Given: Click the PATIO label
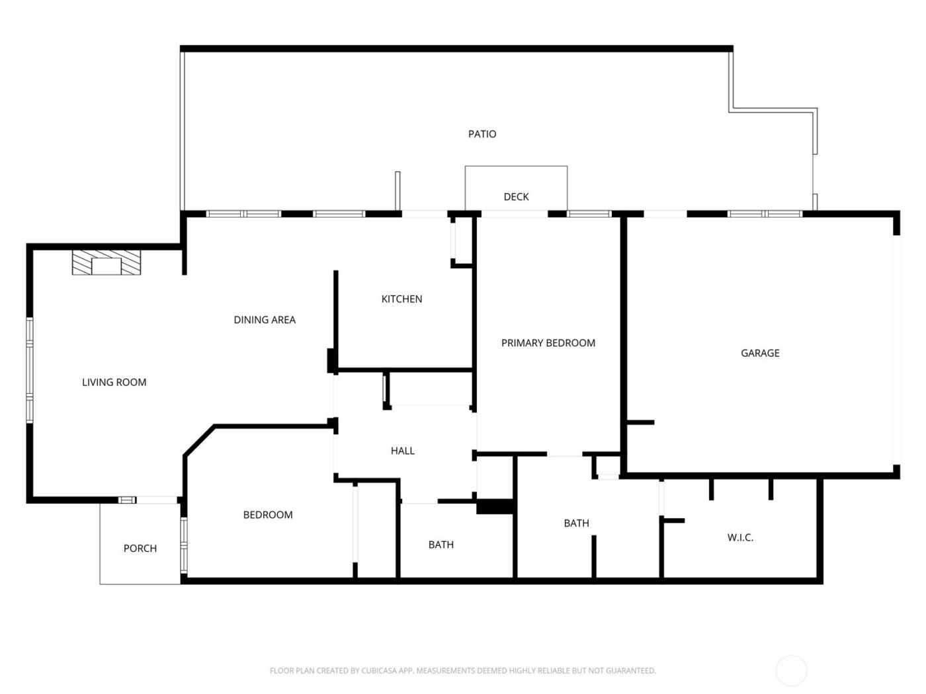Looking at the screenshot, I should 482,134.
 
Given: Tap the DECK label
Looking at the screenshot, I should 516,197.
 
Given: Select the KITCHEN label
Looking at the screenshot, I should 401,299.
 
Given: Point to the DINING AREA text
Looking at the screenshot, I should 265,320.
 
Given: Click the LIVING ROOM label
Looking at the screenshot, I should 114,383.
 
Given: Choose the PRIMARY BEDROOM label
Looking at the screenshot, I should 548,343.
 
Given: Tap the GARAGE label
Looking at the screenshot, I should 760,354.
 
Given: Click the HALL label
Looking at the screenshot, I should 402,451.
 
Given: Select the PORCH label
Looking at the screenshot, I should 140,549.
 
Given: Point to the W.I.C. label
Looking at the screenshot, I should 740,538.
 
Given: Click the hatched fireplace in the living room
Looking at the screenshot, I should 106,262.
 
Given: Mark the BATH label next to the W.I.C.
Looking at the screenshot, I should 576,523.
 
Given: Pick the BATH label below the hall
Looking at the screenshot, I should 441,545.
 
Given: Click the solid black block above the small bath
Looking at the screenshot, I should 495,506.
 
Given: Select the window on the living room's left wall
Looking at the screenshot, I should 30,370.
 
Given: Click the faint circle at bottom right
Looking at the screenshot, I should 791,670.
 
